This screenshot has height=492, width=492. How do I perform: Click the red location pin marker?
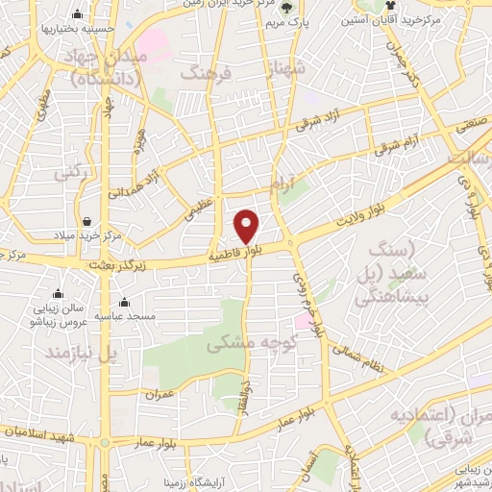coord(247,226)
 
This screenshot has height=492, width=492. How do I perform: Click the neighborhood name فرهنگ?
coord(207,72)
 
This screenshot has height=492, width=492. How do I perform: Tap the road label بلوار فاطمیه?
coord(236,254)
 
